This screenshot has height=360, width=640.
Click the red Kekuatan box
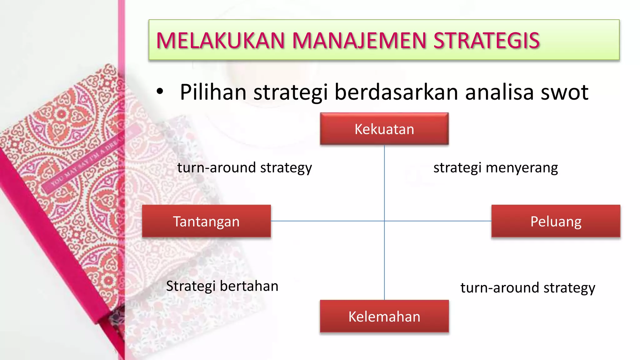tap(384, 129)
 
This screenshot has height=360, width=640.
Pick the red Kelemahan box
tap(384, 316)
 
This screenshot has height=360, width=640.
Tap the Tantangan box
tap(206, 221)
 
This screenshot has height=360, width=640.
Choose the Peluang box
tap(556, 221)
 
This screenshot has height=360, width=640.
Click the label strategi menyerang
tap(495, 168)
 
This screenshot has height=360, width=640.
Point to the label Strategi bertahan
tap(222, 286)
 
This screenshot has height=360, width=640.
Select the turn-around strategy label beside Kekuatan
tap(244, 168)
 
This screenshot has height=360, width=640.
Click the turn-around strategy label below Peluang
tap(527, 288)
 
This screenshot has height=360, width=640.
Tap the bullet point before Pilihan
tap(160, 92)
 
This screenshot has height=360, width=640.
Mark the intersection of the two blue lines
tap(384, 221)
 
